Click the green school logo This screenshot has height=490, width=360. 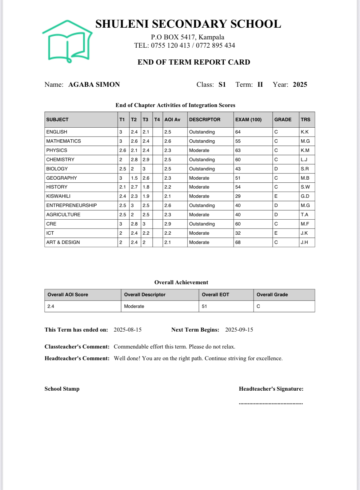click(68, 42)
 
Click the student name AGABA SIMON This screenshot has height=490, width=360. click(94, 85)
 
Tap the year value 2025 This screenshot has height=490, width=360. click(300, 85)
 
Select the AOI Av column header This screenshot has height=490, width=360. click(172, 120)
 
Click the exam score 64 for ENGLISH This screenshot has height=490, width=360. click(238, 132)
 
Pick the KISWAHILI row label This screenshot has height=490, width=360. click(58, 196)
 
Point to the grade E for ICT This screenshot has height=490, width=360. click(276, 233)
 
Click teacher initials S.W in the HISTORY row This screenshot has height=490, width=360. click(305, 187)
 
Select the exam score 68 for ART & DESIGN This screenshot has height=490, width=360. click(238, 242)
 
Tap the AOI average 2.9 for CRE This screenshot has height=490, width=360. click(168, 224)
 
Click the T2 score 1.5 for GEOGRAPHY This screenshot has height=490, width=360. click(134, 178)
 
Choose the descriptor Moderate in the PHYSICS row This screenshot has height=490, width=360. click(199, 150)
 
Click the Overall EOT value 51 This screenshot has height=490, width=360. click(204, 306)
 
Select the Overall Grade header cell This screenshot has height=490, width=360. click(272, 295)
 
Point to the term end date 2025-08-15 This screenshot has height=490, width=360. click(128, 330)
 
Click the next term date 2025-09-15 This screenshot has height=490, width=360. click(239, 330)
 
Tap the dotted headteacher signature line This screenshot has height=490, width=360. click(271, 403)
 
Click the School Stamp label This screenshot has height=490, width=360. click(62, 389)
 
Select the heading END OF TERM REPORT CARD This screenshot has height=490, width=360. click(194, 62)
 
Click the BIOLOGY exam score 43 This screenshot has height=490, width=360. click(238, 169)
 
